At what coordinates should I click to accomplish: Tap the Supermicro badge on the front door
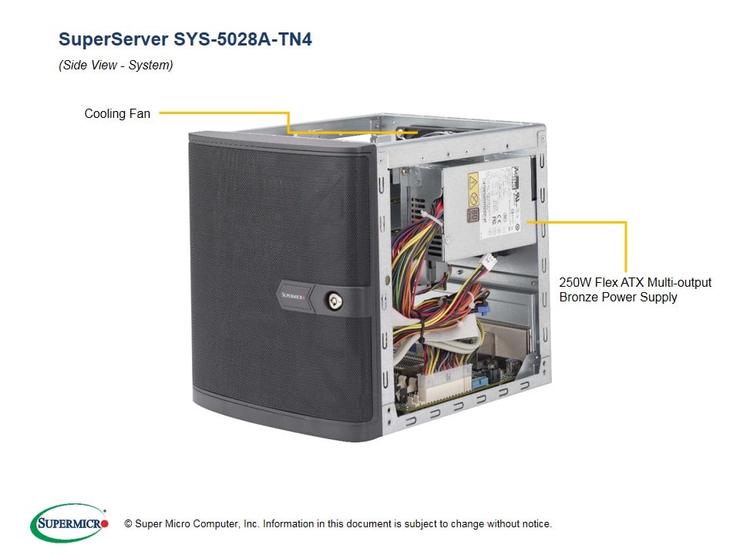coord(294,294)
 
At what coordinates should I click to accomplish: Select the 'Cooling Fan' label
coord(117,114)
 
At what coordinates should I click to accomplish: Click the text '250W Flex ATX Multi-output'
coord(635,282)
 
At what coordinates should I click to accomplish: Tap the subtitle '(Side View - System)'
coord(116,66)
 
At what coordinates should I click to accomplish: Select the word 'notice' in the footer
coord(536,524)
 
